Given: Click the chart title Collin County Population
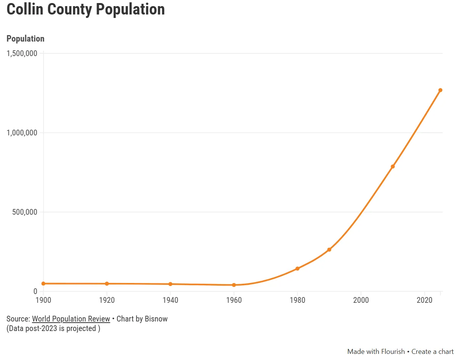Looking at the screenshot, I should [x=85, y=10].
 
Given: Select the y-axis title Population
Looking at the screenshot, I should [x=25, y=39].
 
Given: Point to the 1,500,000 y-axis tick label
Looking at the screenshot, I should [x=22, y=53].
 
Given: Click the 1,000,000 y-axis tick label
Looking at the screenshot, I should [x=22, y=133].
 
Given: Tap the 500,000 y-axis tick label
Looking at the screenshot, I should [x=24, y=212].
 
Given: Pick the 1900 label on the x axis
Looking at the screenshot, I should [x=43, y=300].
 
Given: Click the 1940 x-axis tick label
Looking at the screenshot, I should [x=170, y=300].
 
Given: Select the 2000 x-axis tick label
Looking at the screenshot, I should [x=361, y=300].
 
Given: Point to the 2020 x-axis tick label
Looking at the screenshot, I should [x=424, y=300].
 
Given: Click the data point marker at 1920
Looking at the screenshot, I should [x=107, y=284].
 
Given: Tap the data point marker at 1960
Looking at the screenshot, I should [x=234, y=285].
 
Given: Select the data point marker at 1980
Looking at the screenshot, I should [x=297, y=268].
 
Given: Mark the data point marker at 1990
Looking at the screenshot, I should [x=329, y=250].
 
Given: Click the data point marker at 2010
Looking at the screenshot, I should [x=393, y=167].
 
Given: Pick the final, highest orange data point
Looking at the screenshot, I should [x=440, y=90].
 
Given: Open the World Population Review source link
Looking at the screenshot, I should [x=71, y=319].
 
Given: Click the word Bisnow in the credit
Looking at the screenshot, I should [x=156, y=319].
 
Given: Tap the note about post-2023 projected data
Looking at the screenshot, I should [x=53, y=328].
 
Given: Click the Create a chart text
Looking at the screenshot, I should [x=432, y=352].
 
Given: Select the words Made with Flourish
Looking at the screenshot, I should [x=376, y=352].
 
